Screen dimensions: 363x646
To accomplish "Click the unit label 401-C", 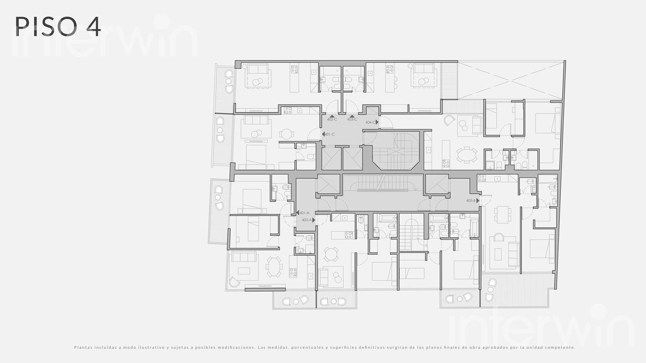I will [331, 134].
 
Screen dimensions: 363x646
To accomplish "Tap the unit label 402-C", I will [332, 120].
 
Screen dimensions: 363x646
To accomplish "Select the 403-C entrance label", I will [352, 120].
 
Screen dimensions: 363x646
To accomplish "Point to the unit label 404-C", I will [370, 122].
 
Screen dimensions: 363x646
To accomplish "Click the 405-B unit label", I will [471, 200].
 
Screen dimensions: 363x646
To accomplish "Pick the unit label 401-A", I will [304, 213].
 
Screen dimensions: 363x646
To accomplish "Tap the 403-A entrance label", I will [306, 220].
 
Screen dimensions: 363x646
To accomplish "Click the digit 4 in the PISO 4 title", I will [93, 27].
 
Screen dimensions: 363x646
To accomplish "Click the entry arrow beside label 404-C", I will [377, 122].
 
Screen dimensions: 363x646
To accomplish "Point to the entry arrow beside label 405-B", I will [478, 200].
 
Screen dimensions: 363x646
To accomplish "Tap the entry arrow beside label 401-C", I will [323, 134].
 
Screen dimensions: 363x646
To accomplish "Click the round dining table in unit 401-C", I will [287, 134].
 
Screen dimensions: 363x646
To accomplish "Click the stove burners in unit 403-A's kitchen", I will [348, 235].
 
